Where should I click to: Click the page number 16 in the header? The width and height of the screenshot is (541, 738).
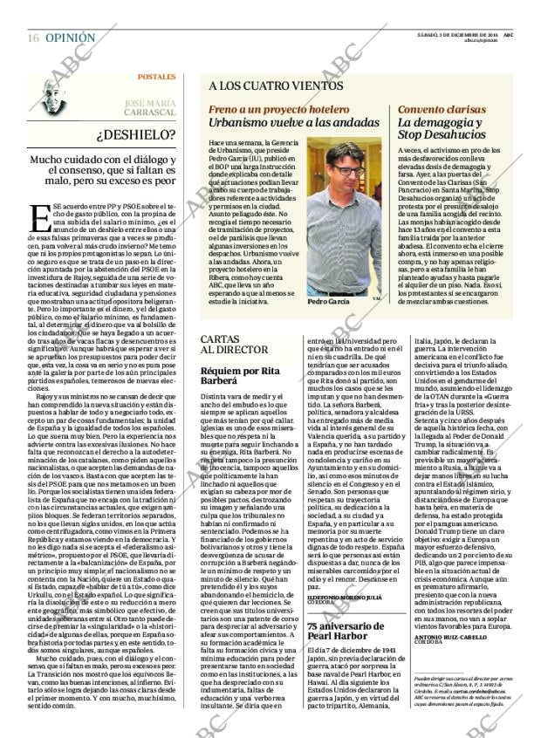[33, 38]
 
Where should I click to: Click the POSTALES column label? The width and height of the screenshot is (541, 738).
[156, 77]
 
